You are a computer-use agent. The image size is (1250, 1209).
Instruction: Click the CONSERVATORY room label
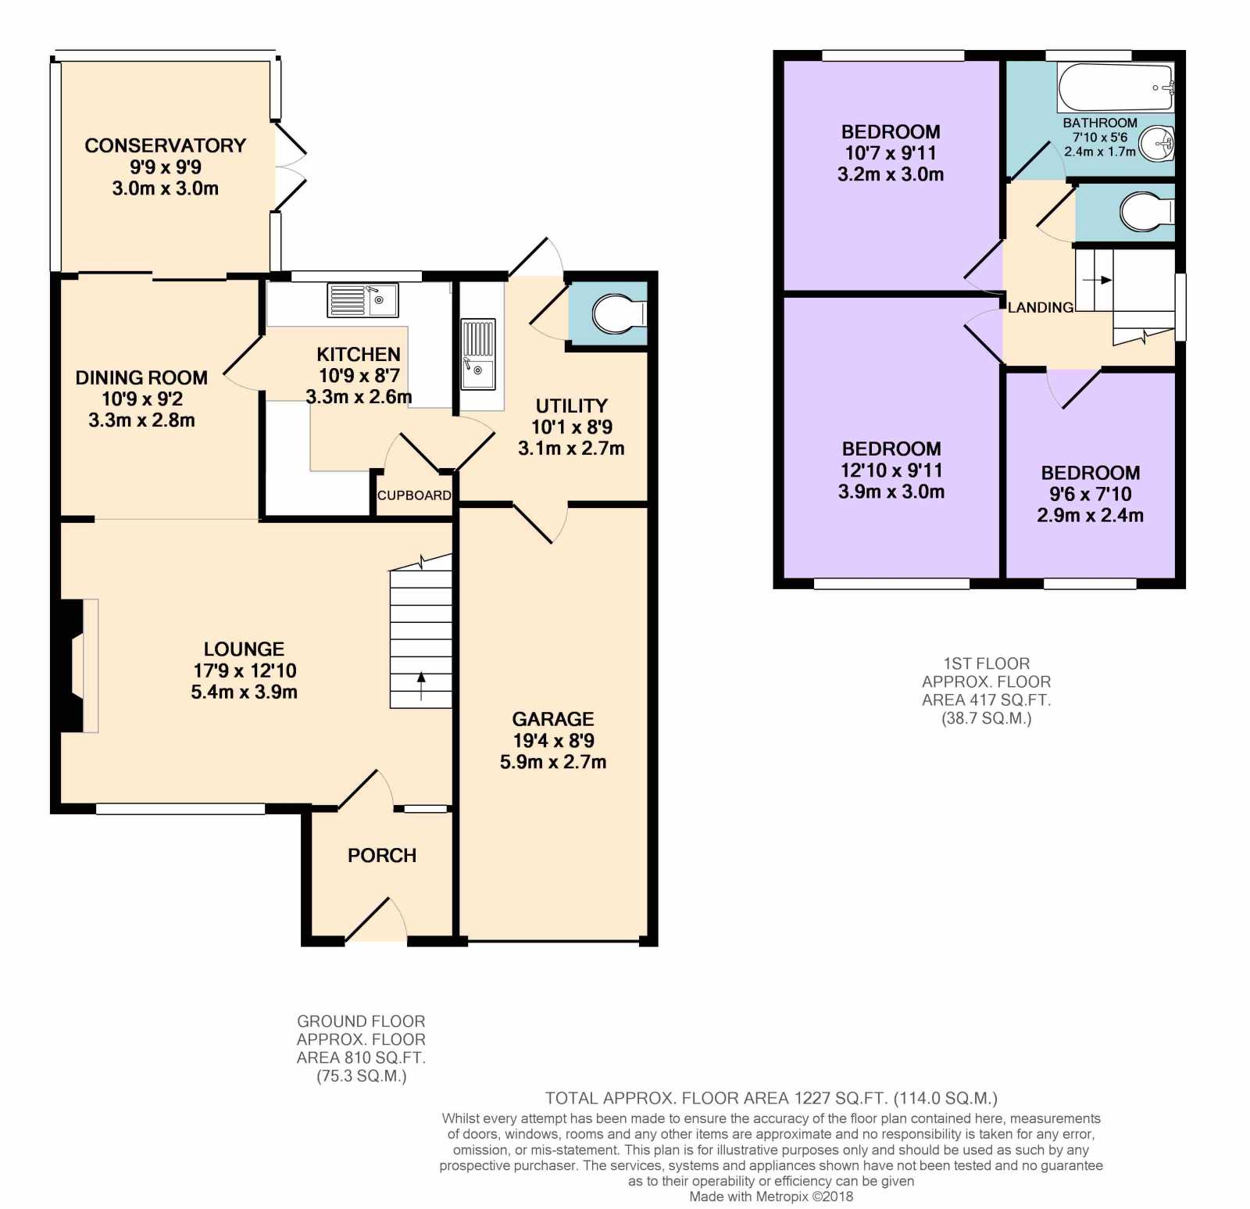pyautogui.click(x=165, y=145)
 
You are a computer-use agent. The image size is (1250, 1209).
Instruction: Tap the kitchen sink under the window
pyautogui.click(x=362, y=300)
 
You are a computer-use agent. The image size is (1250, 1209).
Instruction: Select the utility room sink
pyautogui.click(x=478, y=354)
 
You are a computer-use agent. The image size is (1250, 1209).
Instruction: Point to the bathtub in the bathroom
pyautogui.click(x=1116, y=88)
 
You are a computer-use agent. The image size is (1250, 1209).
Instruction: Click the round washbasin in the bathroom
pyautogui.click(x=1157, y=145)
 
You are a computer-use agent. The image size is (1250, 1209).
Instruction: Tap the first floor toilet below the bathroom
pyautogui.click(x=1147, y=211)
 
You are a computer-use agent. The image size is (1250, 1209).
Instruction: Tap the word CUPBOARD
pyautogui.click(x=414, y=495)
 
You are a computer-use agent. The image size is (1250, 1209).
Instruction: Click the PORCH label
pyautogui.click(x=382, y=856)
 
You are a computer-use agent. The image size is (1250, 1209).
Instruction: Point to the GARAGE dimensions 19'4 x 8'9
pyautogui.click(x=553, y=741)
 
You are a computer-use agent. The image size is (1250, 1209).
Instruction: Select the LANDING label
pyautogui.click(x=1041, y=308)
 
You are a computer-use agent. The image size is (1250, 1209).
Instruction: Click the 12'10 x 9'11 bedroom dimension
pyautogui.click(x=891, y=470)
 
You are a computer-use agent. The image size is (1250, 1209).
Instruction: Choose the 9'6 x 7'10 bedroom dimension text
pyautogui.click(x=1091, y=494)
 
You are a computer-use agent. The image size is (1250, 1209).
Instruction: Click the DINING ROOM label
pyautogui.click(x=141, y=378)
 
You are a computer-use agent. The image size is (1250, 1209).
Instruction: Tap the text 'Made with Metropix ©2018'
pyautogui.click(x=771, y=1196)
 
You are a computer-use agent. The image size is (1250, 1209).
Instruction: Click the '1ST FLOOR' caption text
pyautogui.click(x=987, y=664)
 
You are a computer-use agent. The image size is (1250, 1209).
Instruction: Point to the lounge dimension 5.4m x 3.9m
pyautogui.click(x=245, y=692)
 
